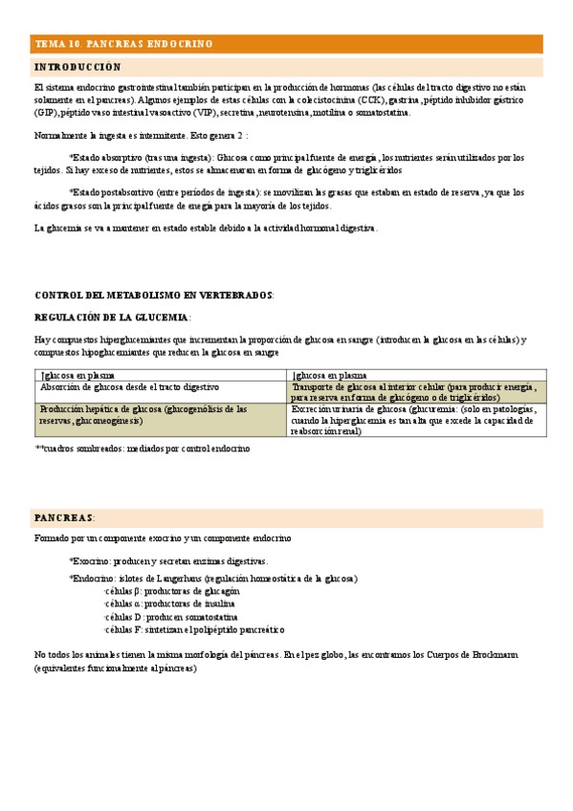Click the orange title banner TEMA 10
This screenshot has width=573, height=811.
(x=124, y=44)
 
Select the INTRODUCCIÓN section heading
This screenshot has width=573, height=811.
(x=78, y=68)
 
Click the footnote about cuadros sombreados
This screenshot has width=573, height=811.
(x=143, y=448)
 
